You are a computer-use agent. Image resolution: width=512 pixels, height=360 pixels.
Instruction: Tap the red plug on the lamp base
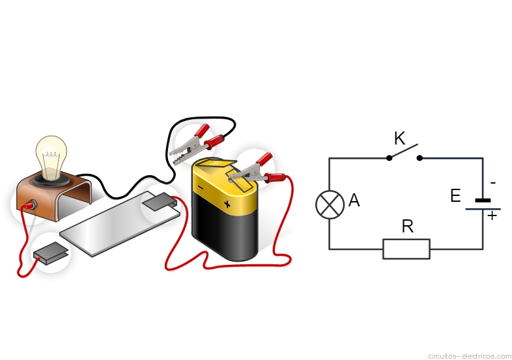[29, 205]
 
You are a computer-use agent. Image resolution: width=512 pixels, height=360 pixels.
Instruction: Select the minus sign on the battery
[201, 187]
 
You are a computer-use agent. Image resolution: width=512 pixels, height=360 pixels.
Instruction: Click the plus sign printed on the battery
[227, 204]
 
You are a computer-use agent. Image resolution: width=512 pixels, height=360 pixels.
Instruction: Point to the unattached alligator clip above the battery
[197, 143]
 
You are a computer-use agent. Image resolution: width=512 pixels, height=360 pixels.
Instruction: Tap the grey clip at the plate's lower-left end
[51, 253]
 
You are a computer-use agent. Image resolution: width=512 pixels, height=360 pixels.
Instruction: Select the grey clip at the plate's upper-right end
[160, 202]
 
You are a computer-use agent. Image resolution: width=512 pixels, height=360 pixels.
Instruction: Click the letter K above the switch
[400, 139]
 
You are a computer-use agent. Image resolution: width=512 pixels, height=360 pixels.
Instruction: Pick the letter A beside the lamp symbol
[354, 200]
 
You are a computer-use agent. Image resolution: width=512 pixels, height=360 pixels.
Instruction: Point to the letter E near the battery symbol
[455, 196]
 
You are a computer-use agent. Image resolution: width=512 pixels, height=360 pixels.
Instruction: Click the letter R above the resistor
[408, 226]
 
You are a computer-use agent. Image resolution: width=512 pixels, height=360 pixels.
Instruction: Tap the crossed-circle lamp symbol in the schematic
[330, 204]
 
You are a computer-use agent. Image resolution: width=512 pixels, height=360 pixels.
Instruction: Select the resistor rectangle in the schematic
[406, 249]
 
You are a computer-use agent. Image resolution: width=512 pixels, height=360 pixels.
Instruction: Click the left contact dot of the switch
[389, 158]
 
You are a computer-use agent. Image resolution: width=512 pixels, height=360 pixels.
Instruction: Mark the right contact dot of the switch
[420, 158]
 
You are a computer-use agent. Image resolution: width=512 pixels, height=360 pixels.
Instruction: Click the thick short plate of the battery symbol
[483, 201]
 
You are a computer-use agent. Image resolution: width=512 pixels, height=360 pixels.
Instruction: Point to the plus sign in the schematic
[492, 215]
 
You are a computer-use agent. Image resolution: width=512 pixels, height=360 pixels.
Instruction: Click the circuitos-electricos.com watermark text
[470, 355]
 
